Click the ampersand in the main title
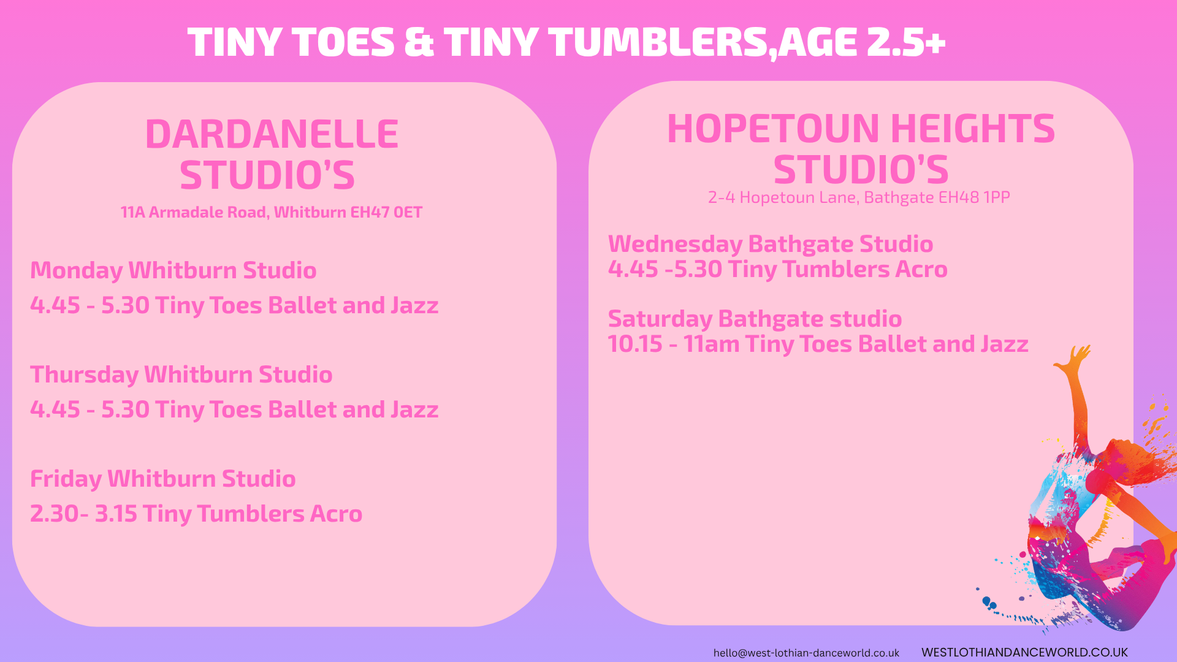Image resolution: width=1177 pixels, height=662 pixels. pos(419,42)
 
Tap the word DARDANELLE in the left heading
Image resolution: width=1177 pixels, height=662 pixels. pos(272,134)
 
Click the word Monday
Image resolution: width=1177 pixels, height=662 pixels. pos(77,271)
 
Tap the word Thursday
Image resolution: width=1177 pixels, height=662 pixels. pos(85,375)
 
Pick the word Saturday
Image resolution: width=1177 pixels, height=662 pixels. pos(660,319)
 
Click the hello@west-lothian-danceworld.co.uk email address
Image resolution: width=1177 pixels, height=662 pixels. pos(806,653)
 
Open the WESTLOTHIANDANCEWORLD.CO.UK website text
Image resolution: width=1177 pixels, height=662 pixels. pos(1024,652)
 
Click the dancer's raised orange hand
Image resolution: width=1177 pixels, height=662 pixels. pos(1074,357)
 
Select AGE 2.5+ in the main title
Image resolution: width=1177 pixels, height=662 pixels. pos(862,42)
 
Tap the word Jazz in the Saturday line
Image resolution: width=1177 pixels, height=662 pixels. pos(1004,344)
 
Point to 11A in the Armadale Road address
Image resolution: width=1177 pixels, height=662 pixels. pos(132,212)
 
